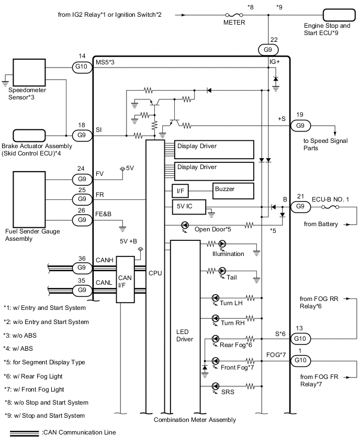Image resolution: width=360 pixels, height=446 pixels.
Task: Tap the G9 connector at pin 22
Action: click(x=268, y=50)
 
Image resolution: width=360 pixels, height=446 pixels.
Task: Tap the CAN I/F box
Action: click(x=124, y=279)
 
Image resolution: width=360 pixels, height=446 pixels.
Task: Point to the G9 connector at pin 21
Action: click(x=299, y=206)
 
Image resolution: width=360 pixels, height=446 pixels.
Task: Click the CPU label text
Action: click(x=155, y=273)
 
